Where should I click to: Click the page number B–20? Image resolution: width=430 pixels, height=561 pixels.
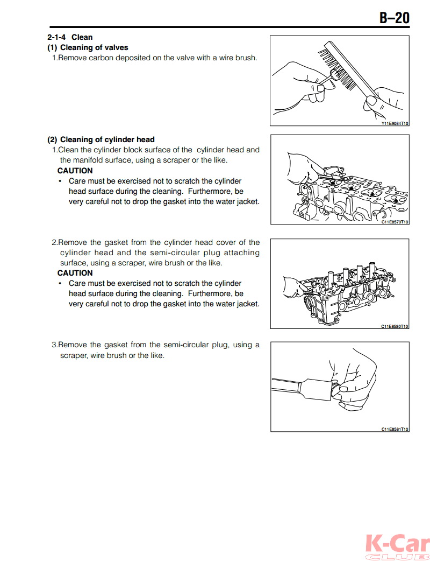coord(394,18)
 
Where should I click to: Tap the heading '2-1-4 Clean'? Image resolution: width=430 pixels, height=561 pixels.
coord(70,37)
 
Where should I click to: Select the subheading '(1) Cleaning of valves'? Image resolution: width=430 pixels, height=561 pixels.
coord(88,47)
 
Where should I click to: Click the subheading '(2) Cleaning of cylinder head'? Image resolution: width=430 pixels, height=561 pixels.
coord(101,139)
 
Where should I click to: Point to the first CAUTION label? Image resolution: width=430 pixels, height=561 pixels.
coord(75,171)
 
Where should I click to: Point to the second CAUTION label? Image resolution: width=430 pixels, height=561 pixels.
coord(75,273)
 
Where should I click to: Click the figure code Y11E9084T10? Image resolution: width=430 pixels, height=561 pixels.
coord(395,123)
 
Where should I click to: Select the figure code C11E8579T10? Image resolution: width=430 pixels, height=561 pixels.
coord(395,222)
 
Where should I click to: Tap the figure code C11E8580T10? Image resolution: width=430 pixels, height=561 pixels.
coord(395,326)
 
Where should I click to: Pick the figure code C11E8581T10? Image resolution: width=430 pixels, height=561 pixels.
coord(395,429)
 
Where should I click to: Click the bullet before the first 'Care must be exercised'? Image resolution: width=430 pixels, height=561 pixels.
coord(60,181)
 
